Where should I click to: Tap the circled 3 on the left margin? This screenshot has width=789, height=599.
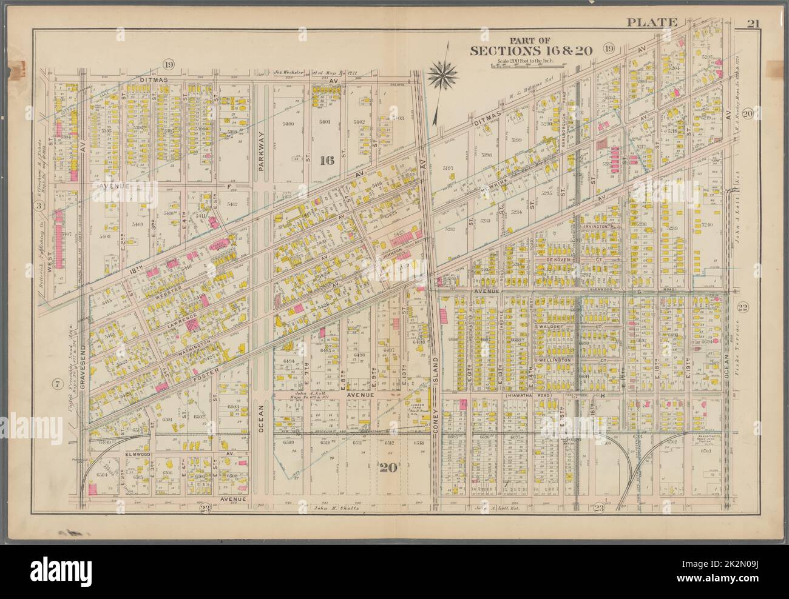pyautogui.click(x=38, y=206)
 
